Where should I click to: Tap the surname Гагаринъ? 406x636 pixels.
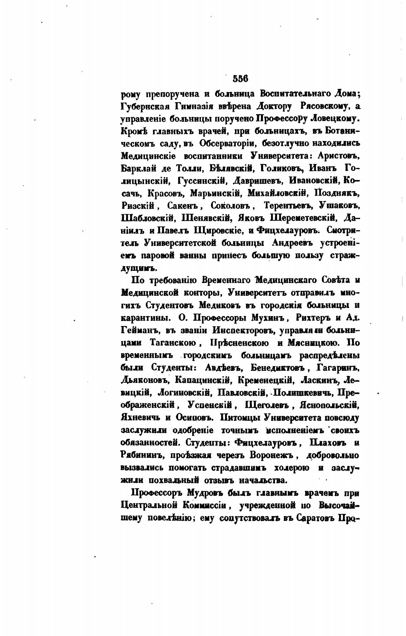[338, 367]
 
